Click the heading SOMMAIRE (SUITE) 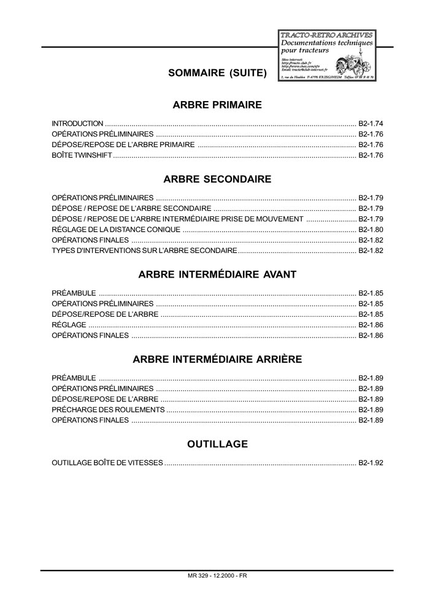(217, 74)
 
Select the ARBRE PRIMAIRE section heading (217, 105)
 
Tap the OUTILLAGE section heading (217, 444)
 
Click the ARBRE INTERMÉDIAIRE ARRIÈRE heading (217, 359)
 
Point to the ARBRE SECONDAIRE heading (217, 180)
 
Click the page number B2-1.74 (371, 123)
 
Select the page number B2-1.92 (371, 463)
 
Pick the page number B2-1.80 (371, 230)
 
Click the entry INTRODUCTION (77, 123)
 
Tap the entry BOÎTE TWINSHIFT (82, 156)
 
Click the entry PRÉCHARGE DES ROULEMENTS (108, 409)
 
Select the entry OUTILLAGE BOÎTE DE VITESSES (107, 463)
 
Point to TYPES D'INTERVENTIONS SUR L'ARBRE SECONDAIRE (144, 251)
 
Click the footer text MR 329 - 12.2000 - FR (218, 576)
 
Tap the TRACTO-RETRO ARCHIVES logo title (326, 36)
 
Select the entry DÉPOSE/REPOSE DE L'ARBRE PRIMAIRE (123, 145)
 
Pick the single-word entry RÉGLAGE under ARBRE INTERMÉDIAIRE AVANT (69, 325)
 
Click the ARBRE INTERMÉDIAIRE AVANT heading (217, 274)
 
